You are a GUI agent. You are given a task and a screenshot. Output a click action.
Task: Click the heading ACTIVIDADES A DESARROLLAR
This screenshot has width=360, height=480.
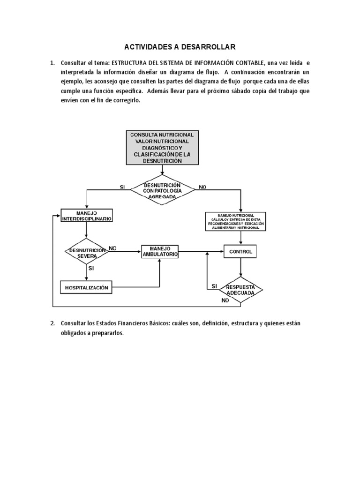pyautogui.click(x=180, y=47)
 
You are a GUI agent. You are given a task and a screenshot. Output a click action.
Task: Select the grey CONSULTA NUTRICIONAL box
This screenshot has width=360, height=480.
pyautogui.click(x=162, y=148)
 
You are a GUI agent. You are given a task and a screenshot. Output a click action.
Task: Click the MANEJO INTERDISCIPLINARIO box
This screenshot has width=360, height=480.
pyautogui.click(x=87, y=216)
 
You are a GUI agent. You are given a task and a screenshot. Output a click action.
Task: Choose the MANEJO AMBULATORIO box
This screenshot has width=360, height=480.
pyautogui.click(x=160, y=251)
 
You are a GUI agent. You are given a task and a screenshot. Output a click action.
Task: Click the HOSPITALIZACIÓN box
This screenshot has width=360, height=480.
pyautogui.click(x=87, y=287)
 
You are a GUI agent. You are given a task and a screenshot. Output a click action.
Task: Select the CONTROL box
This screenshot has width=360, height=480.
pyautogui.click(x=240, y=252)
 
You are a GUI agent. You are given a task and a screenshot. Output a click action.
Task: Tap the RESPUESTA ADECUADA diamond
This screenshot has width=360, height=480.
pyautogui.click(x=240, y=290)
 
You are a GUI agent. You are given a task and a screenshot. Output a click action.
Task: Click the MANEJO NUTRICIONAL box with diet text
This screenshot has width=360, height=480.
pyautogui.click(x=240, y=221)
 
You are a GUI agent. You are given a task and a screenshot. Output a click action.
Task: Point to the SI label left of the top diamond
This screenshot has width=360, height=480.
pyautogui.click(x=123, y=187)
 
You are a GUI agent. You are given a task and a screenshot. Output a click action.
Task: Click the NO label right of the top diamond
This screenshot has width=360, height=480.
pyautogui.click(x=202, y=187)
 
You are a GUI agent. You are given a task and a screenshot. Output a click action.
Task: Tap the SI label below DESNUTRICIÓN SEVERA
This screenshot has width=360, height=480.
pyautogui.click(x=91, y=269)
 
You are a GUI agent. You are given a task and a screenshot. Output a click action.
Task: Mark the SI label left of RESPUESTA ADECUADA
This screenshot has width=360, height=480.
pyautogui.click(x=214, y=286)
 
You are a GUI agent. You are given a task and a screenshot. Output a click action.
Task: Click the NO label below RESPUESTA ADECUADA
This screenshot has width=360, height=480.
pyautogui.click(x=225, y=301)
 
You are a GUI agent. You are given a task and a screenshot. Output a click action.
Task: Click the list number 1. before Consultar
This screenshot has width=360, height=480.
pyautogui.click(x=53, y=63)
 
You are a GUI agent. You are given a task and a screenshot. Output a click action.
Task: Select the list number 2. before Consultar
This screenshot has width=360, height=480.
pyautogui.click(x=53, y=323)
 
